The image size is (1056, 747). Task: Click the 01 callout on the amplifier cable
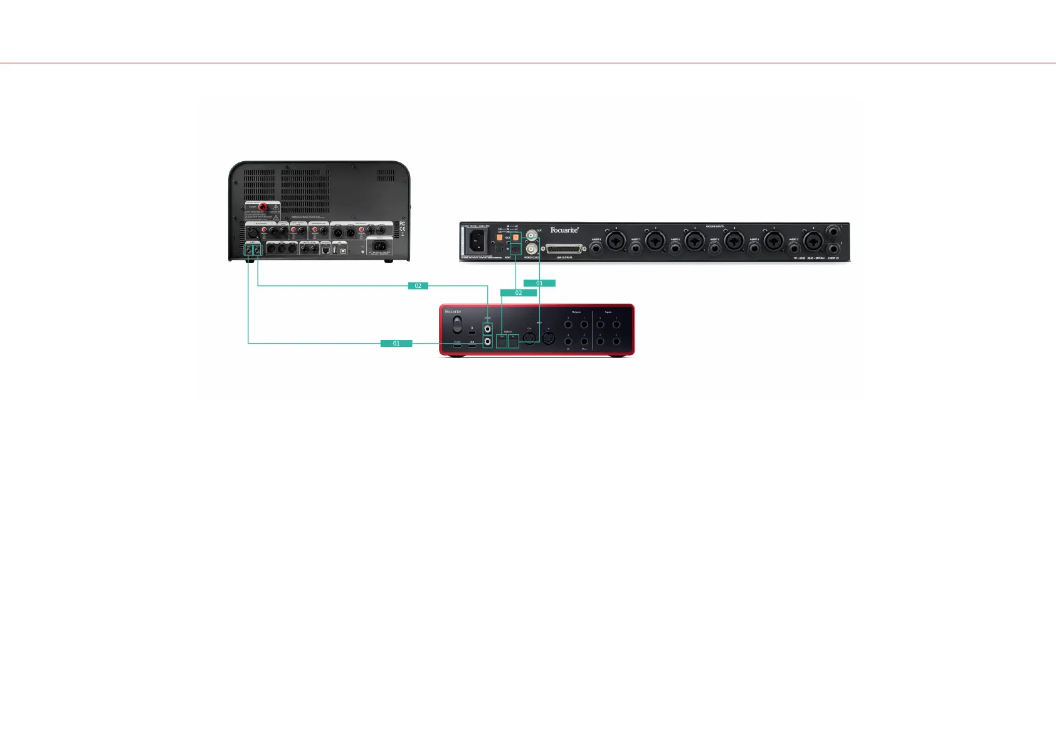(x=396, y=343)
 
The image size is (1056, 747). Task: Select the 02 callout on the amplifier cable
(x=418, y=286)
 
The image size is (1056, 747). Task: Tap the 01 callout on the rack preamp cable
(x=539, y=283)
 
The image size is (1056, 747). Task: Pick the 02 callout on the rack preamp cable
(x=519, y=293)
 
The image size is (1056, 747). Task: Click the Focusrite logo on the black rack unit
(x=564, y=230)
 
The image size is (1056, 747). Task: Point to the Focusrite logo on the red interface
(x=453, y=312)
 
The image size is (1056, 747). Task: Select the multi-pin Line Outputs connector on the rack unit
(x=564, y=249)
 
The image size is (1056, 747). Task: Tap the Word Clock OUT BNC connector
(x=532, y=236)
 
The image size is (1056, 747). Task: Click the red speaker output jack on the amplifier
(x=263, y=208)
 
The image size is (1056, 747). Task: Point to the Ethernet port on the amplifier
(x=325, y=250)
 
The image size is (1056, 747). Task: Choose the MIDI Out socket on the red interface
(x=530, y=338)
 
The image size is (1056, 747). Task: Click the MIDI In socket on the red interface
(x=548, y=338)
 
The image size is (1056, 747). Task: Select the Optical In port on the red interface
(x=513, y=341)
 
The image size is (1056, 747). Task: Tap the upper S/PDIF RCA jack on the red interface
(x=487, y=328)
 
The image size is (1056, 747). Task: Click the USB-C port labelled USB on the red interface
(x=472, y=346)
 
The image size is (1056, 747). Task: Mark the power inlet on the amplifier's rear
(x=379, y=246)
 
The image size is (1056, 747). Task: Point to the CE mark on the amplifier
(x=403, y=229)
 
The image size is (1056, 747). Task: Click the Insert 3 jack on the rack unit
(x=793, y=248)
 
